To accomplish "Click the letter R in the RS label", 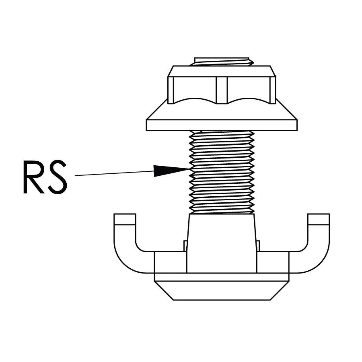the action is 33,177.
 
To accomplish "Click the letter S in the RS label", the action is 57,177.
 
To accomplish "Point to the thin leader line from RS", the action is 115,173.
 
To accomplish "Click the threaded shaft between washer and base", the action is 222,172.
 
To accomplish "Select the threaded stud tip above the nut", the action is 222,62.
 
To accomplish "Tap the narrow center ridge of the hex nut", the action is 222,90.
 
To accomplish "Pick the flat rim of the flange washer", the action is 222,125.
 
